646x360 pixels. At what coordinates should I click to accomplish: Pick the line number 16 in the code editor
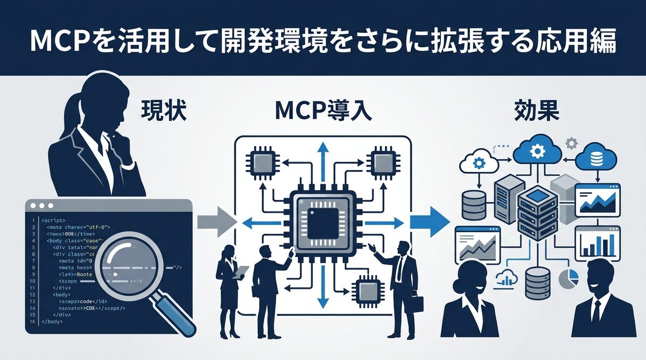pyautogui.click(x=33, y=321)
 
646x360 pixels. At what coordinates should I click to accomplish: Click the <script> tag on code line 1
pyautogui.click(x=53, y=221)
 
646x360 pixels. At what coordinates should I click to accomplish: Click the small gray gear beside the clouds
pyautogui.click(x=571, y=143)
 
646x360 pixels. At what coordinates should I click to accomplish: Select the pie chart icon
pyautogui.click(x=570, y=278)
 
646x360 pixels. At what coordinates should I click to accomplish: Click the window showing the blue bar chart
pyautogui.click(x=598, y=243)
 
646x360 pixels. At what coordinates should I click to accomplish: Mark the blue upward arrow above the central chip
pyautogui.click(x=322, y=156)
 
